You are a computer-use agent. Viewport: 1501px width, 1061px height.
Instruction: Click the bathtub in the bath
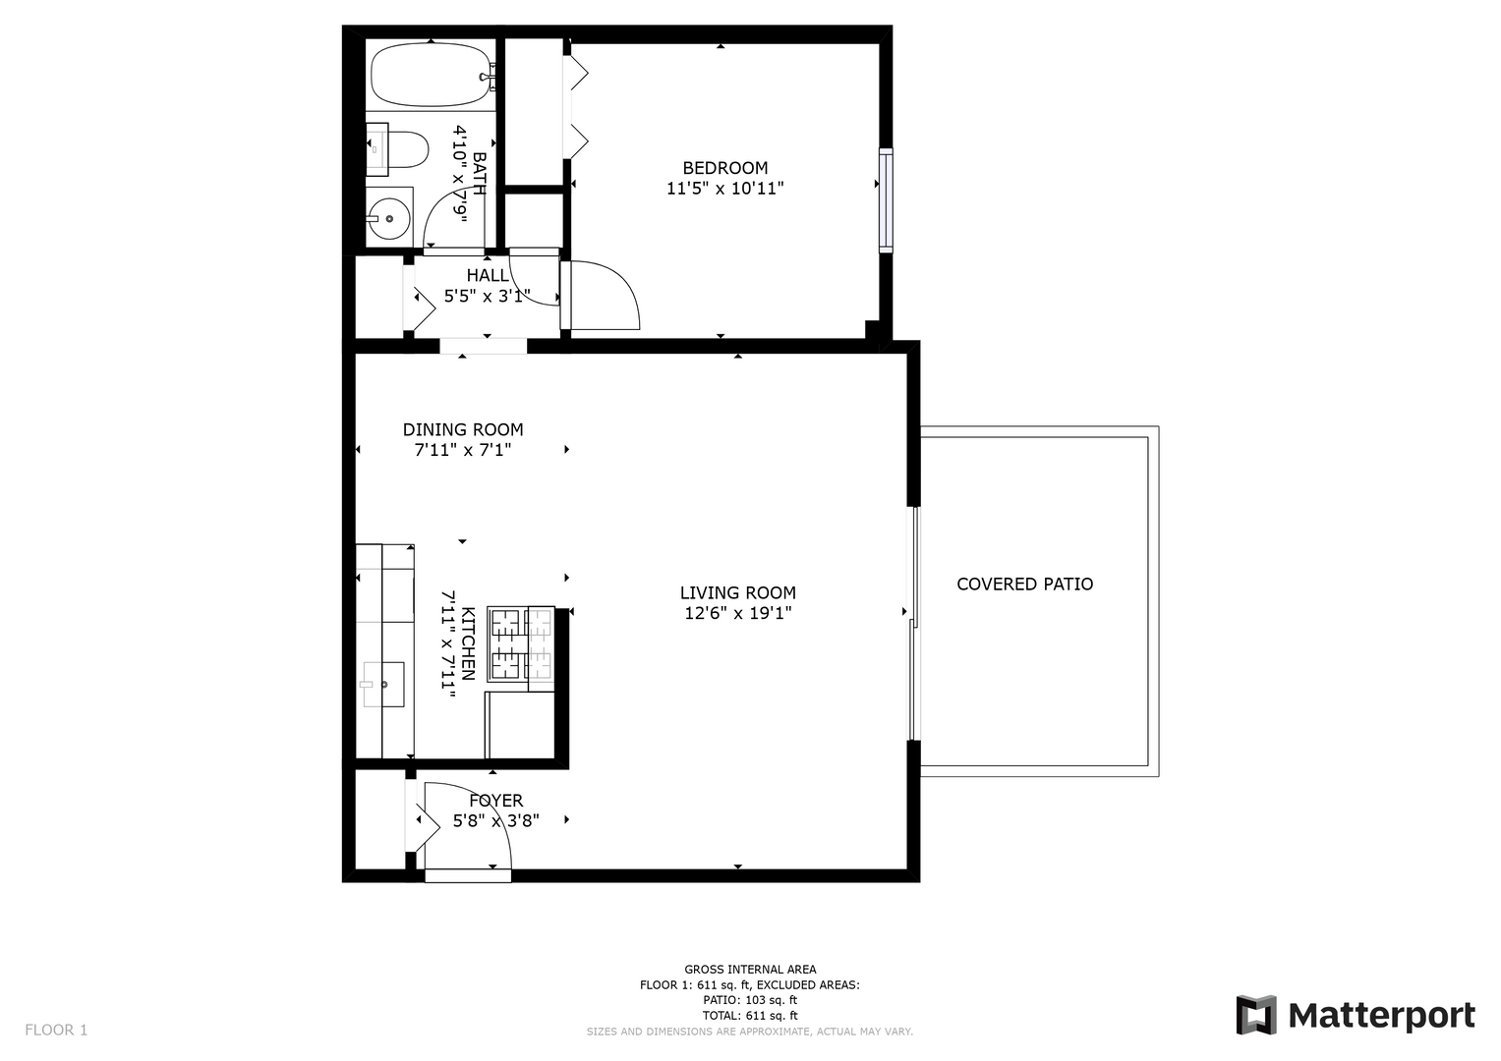point(432,75)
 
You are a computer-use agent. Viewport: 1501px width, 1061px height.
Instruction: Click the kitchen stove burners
point(521,644)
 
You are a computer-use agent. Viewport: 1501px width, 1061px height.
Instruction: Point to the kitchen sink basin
point(383,685)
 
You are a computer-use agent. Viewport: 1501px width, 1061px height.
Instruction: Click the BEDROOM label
point(725,167)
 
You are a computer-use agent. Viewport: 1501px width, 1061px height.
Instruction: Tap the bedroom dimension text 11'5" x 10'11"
point(725,189)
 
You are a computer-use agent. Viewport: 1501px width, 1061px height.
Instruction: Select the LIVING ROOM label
point(738,592)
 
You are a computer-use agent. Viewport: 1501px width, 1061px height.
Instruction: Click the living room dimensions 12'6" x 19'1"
point(738,613)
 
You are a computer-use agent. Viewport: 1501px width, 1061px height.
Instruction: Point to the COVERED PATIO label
point(1024,585)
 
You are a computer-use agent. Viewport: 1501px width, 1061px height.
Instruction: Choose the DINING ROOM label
point(463,429)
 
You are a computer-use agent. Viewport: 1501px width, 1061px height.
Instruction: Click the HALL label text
point(488,275)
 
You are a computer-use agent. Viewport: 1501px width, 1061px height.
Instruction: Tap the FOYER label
point(495,801)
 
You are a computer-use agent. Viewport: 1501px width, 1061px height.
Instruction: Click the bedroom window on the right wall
point(886,200)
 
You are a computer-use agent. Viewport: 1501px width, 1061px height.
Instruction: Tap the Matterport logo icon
point(1256,1015)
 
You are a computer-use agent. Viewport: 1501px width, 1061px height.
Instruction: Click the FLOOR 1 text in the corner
point(56,1031)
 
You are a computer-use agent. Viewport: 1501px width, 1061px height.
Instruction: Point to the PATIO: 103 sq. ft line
point(750,1000)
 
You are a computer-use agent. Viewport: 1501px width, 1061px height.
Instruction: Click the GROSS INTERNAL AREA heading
point(750,970)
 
